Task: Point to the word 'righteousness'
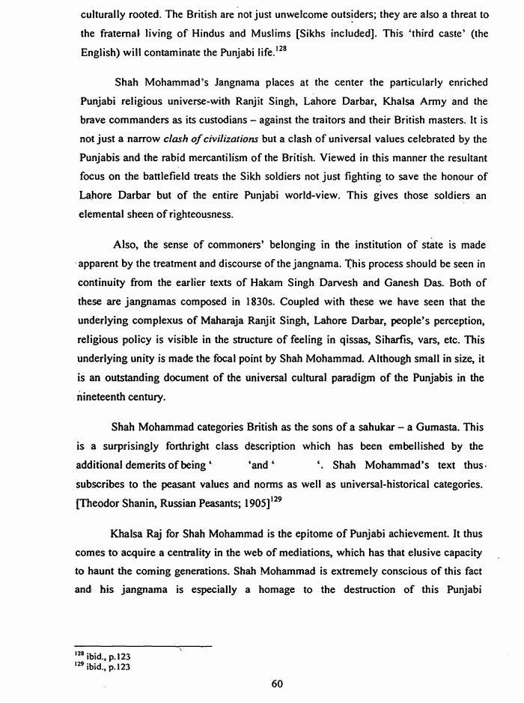[x=177, y=214]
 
